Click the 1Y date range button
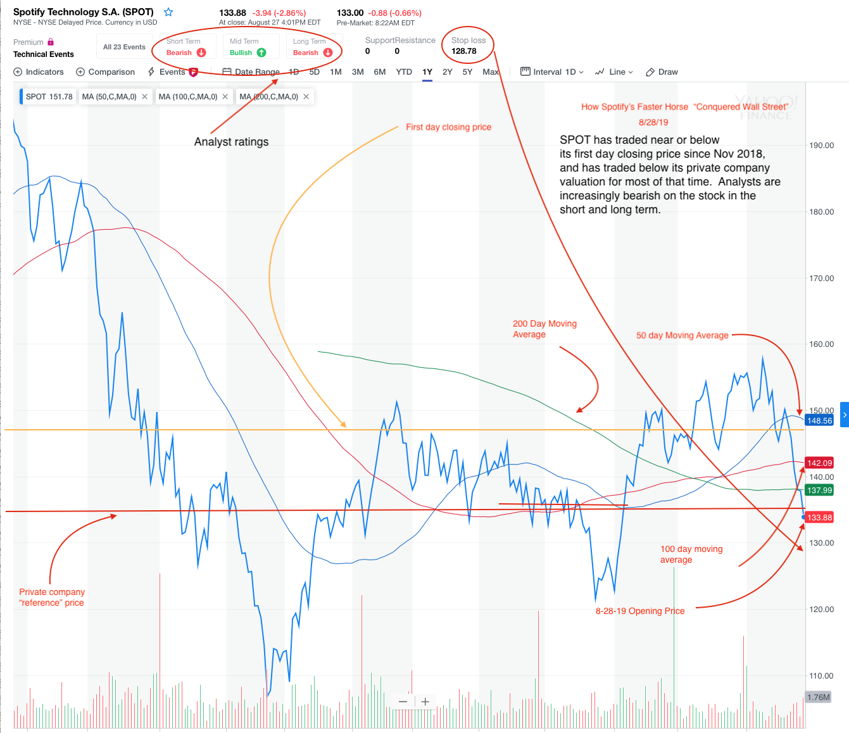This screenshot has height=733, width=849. [x=427, y=72]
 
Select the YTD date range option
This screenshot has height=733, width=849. [x=404, y=72]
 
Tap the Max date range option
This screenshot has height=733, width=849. [x=491, y=72]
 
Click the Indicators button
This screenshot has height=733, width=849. [x=39, y=72]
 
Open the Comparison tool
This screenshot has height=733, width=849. [x=105, y=72]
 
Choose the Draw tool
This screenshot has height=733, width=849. [x=662, y=72]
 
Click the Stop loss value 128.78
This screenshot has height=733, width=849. [x=464, y=51]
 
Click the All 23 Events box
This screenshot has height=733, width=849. [x=124, y=47]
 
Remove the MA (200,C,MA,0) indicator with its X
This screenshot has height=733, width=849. [x=306, y=97]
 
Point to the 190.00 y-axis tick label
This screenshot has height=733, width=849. [x=821, y=146]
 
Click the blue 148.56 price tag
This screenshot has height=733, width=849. [x=819, y=421]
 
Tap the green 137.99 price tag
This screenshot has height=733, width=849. [x=819, y=491]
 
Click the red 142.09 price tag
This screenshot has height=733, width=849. [x=819, y=463]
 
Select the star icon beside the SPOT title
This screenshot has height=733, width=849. [x=168, y=12]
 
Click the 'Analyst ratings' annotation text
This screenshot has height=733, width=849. [x=231, y=142]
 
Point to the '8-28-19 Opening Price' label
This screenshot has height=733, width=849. [x=640, y=611]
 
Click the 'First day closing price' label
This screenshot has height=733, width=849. [x=448, y=127]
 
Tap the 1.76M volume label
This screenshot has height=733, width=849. [x=818, y=698]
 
